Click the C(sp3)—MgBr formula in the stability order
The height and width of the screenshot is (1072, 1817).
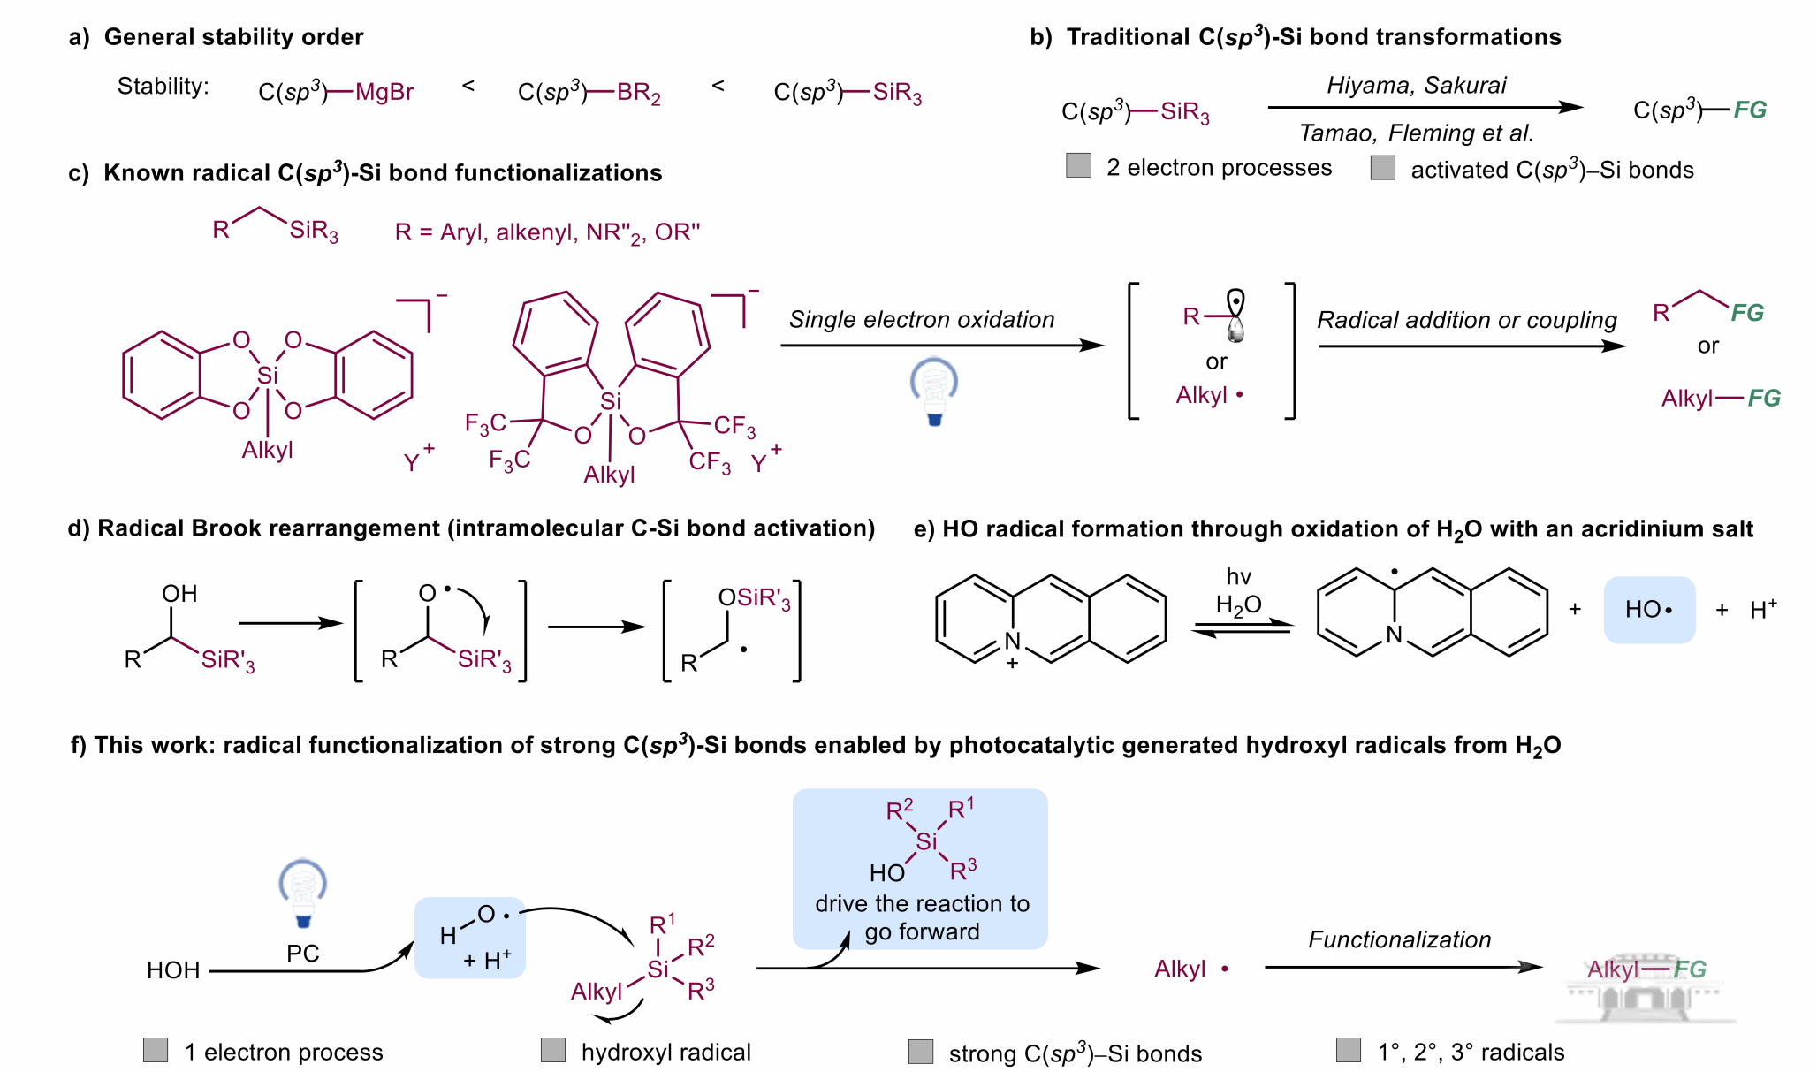(336, 92)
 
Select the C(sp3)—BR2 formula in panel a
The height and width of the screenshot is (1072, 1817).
(589, 93)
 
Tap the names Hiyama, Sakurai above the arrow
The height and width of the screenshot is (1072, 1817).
(1416, 86)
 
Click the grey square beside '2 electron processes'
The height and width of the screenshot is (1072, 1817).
(1078, 165)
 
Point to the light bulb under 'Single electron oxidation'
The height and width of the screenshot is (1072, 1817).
(934, 390)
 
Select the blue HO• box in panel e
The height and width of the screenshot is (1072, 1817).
(1649, 610)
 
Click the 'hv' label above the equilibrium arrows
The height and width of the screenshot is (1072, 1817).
(1239, 577)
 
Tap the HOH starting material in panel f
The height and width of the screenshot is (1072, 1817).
(173, 970)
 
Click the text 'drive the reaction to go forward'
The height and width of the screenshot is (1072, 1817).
(922, 917)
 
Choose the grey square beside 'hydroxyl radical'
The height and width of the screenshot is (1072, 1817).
(553, 1050)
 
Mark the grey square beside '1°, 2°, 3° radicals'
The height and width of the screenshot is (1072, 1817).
(1349, 1050)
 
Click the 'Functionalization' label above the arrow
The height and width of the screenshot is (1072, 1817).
(1399, 939)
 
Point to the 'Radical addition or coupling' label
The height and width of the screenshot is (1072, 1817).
(1467, 320)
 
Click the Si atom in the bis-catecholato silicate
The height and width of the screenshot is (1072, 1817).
(267, 376)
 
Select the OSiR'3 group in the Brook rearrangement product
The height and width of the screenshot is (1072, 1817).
(754, 598)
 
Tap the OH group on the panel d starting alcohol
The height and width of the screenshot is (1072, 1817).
(179, 594)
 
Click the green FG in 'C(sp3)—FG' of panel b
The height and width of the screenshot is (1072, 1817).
(1750, 110)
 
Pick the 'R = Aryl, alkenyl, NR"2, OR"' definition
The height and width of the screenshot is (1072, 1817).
(547, 232)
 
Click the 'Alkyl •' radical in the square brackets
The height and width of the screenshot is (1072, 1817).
(1209, 395)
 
